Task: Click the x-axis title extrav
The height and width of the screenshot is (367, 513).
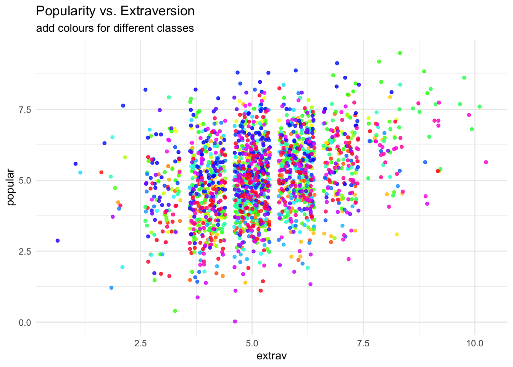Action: click(x=271, y=356)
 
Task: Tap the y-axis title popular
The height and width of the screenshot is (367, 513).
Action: click(x=11, y=187)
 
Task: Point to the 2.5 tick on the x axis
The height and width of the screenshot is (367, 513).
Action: click(x=140, y=343)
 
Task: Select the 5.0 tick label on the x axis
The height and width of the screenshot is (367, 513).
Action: click(x=252, y=343)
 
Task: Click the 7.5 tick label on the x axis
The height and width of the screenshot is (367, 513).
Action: click(x=363, y=343)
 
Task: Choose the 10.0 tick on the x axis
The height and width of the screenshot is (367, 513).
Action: click(x=474, y=343)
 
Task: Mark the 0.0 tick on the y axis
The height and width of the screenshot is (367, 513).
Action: click(x=24, y=322)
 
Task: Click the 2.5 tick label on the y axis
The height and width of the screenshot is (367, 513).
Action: click(x=24, y=251)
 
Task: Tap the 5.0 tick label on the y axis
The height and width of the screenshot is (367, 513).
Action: click(x=24, y=180)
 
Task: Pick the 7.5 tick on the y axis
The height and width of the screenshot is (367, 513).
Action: click(x=24, y=109)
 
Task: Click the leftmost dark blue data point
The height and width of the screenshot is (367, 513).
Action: click(x=58, y=241)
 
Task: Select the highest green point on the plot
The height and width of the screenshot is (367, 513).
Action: click(x=400, y=53)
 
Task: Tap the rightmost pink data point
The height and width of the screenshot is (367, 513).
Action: click(x=486, y=162)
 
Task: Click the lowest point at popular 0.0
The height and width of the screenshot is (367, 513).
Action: click(x=235, y=322)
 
